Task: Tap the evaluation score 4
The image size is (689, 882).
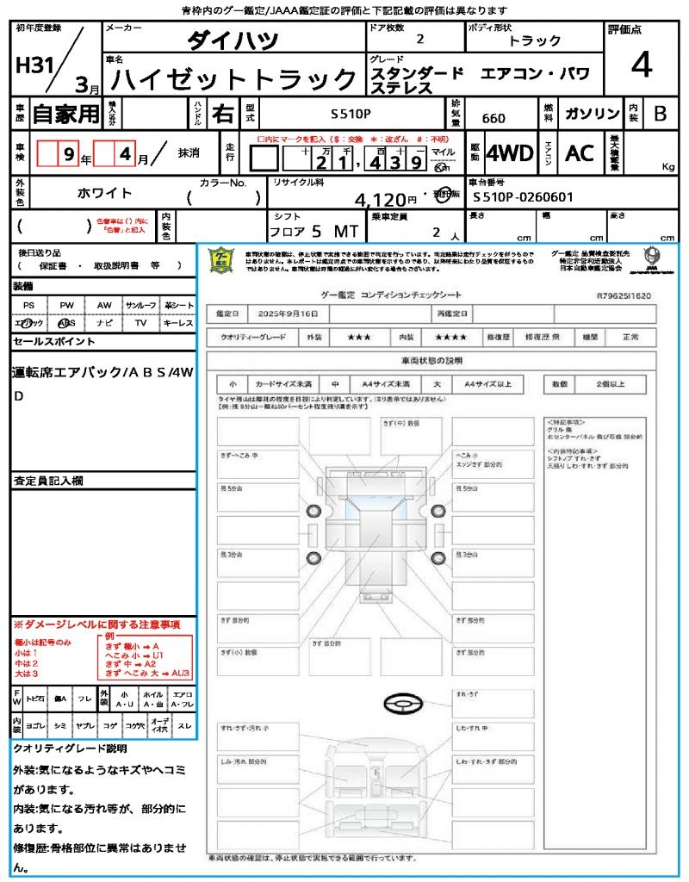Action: tap(640, 65)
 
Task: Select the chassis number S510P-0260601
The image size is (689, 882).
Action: tap(523, 197)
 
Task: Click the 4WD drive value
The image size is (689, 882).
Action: tap(509, 152)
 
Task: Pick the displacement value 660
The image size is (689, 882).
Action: tap(493, 118)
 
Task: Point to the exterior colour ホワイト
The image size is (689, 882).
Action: tap(106, 193)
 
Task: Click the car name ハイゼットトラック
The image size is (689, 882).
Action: tap(234, 81)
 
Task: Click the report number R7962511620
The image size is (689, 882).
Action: tap(624, 295)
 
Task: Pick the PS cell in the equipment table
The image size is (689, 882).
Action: tap(29, 305)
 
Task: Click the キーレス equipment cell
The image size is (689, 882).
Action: tap(178, 323)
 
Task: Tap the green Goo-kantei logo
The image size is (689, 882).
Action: tap(221, 259)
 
